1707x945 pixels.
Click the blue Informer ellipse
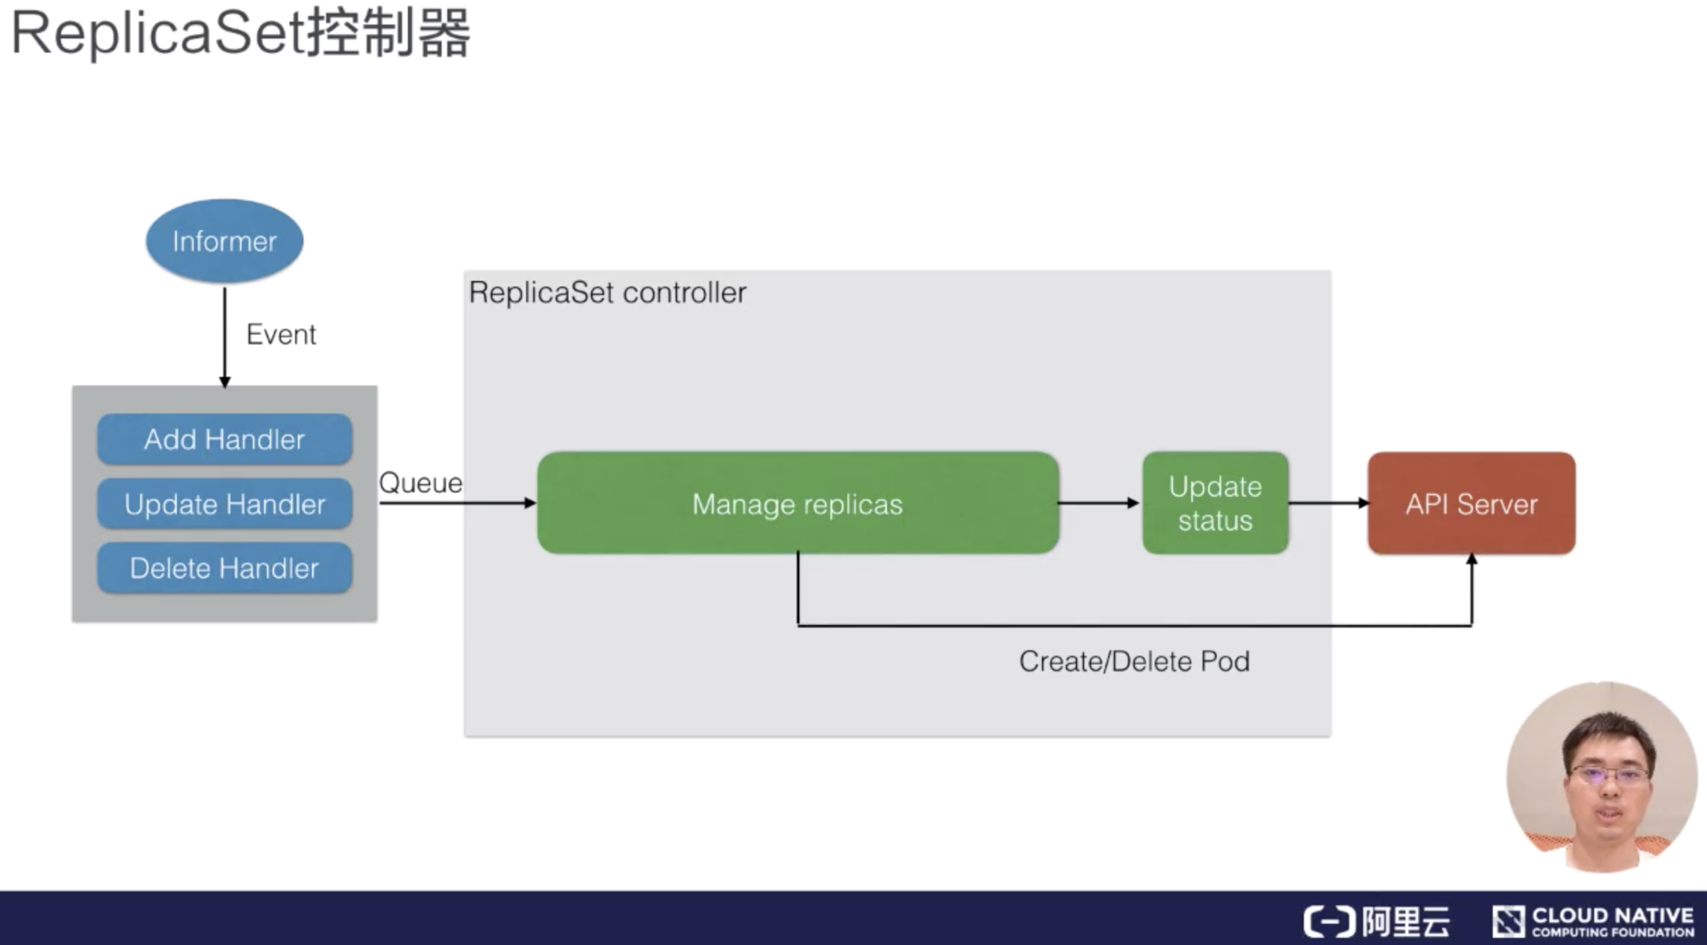click(x=224, y=241)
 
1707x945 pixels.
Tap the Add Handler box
click(x=224, y=439)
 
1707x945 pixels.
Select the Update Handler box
click(x=224, y=504)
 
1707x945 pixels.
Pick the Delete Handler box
click(x=224, y=568)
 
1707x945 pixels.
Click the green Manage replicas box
click(x=797, y=503)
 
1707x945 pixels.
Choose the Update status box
click(x=1214, y=503)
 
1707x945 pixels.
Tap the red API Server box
click(x=1471, y=503)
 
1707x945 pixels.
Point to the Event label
click(x=281, y=334)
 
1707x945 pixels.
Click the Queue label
click(x=421, y=483)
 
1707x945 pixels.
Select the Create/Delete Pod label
click(x=1134, y=661)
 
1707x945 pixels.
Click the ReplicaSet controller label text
click(x=607, y=292)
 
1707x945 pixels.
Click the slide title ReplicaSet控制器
click(x=240, y=34)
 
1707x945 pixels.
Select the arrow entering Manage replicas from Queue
click(x=458, y=503)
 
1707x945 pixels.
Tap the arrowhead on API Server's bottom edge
click(x=1471, y=560)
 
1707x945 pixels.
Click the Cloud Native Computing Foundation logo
click(x=1593, y=921)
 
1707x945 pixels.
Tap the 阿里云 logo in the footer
click(x=1376, y=921)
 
